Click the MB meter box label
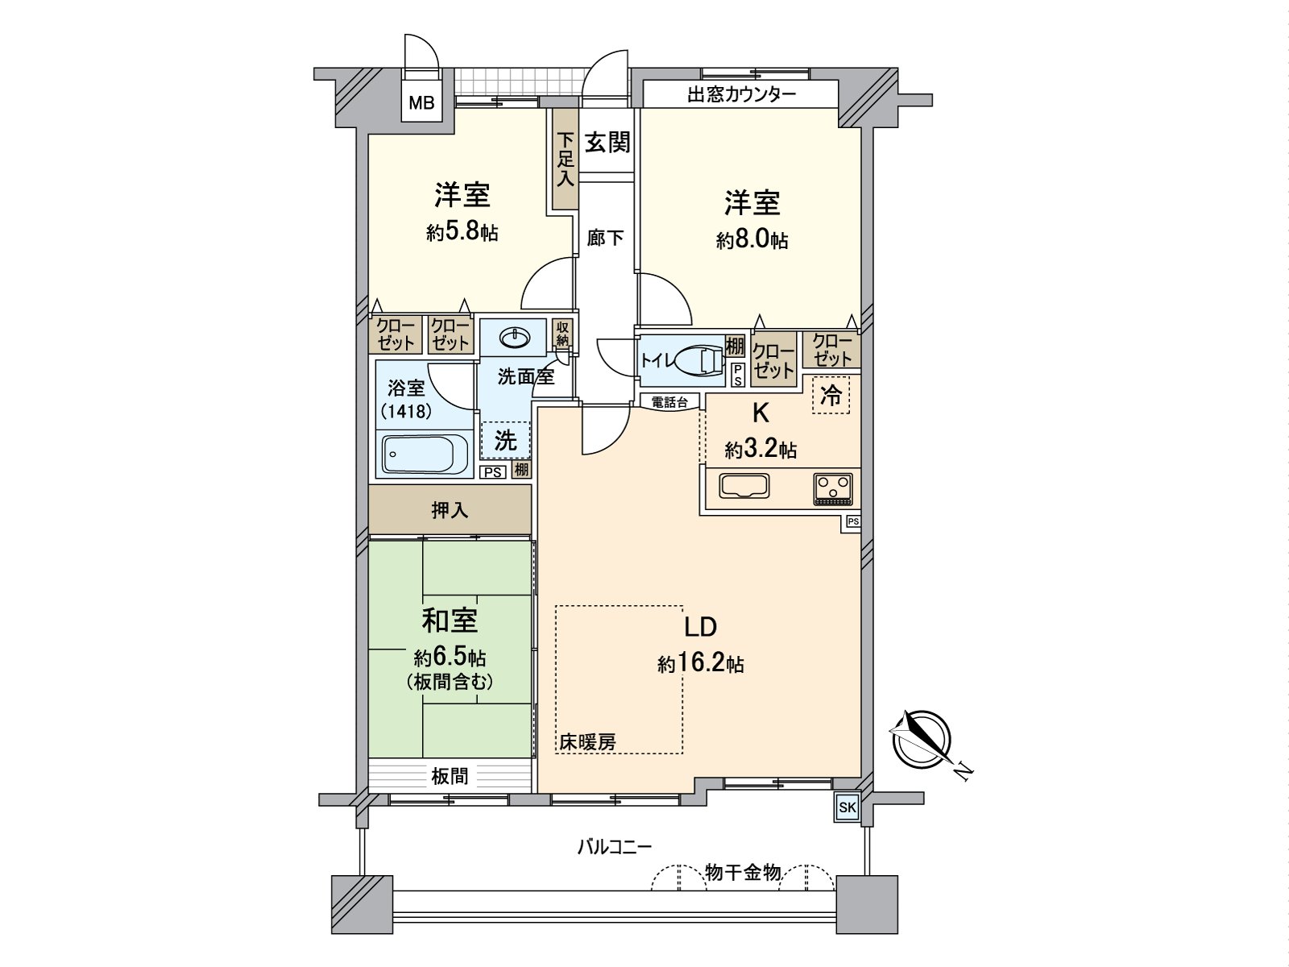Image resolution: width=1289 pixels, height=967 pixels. [421, 102]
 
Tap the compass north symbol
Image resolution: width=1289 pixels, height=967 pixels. [920, 739]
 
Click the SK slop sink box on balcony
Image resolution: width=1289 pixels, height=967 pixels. [846, 807]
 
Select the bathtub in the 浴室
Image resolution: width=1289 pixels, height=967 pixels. [425, 455]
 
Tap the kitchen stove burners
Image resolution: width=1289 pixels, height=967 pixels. [832, 488]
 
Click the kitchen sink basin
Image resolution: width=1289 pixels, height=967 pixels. [744, 486]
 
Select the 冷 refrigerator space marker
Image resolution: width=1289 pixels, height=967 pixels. [831, 396]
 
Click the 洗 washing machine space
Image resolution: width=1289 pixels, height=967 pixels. [505, 440]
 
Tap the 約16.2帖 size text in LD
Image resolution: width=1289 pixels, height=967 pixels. [700, 664]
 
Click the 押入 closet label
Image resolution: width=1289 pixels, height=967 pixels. [450, 509]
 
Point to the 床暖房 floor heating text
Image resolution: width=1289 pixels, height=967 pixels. [588, 742]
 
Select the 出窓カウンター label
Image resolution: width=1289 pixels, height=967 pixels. [741, 94]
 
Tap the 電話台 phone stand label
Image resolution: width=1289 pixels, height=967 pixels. [669, 402]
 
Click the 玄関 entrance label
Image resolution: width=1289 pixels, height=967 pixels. [607, 143]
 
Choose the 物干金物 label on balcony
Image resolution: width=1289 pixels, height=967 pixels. [742, 872]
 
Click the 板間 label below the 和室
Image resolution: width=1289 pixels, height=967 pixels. [450, 777]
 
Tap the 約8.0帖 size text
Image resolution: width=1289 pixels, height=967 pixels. [752, 239]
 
